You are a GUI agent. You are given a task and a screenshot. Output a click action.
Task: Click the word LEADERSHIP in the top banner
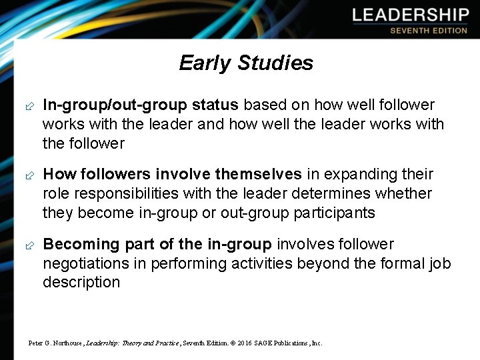click(x=411, y=15)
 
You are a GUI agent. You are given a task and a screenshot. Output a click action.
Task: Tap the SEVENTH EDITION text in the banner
click(x=429, y=31)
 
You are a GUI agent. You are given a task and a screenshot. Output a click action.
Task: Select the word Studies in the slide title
click(x=275, y=63)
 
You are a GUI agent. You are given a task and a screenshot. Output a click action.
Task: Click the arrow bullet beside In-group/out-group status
click(x=29, y=106)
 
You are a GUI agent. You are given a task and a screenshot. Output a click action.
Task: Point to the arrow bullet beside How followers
click(x=29, y=175)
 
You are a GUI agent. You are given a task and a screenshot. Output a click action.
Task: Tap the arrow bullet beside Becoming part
click(x=29, y=245)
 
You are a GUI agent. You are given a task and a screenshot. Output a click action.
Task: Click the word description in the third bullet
click(x=81, y=282)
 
